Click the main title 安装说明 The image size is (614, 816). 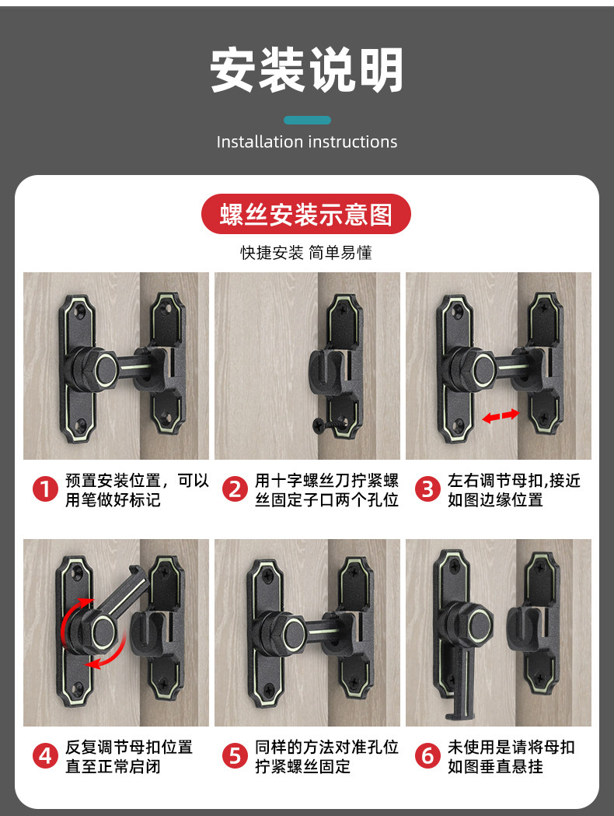[307, 70]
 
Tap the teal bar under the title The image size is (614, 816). [307, 121]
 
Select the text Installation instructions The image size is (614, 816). [307, 142]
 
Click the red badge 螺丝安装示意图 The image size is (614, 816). [306, 214]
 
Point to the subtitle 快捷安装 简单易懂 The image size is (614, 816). [306, 253]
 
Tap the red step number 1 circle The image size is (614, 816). [45, 490]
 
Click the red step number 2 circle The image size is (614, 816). [235, 490]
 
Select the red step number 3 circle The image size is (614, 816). [427, 490]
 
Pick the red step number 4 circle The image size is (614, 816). [45, 756]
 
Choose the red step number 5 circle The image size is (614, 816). [235, 756]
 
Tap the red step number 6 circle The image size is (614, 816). [427, 756]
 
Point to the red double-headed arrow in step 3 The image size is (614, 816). [501, 416]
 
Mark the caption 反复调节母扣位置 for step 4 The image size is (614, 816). [129, 748]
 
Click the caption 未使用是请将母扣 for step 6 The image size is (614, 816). [511, 748]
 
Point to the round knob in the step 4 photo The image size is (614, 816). [103, 632]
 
